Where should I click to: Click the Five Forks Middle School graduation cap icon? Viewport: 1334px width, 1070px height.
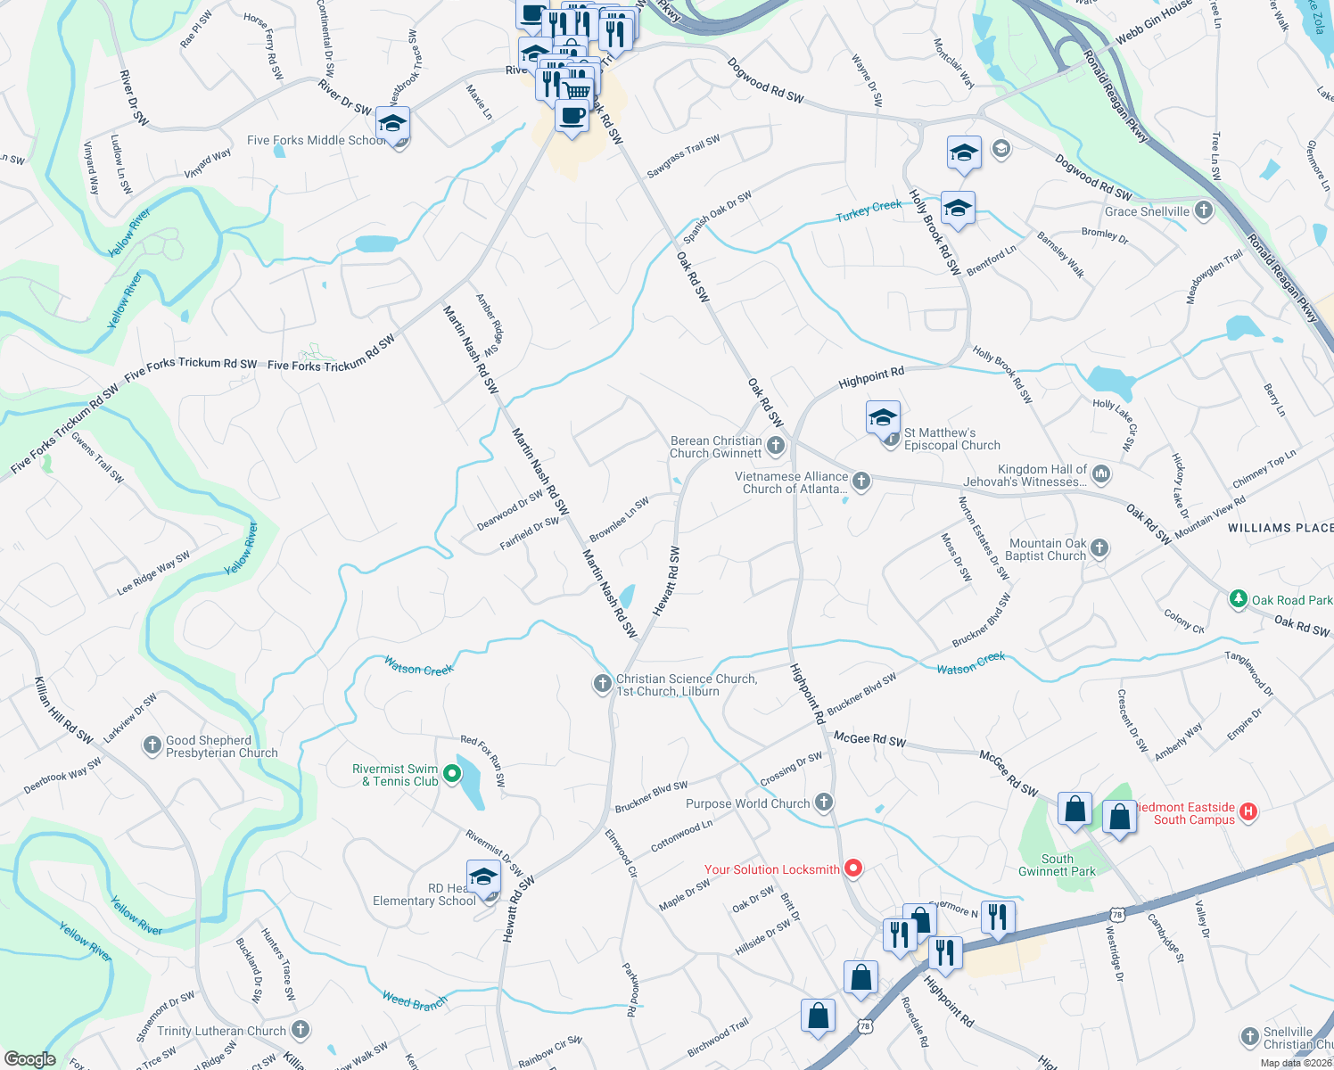point(392,125)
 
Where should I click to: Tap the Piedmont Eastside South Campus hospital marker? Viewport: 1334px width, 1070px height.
point(1248,811)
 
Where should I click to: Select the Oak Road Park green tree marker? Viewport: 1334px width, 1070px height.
point(1238,599)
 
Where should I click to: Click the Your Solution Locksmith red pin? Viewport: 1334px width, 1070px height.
point(853,868)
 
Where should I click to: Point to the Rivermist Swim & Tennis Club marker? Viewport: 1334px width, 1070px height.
point(452,775)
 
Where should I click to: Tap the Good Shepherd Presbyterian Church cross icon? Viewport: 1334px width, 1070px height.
point(152,745)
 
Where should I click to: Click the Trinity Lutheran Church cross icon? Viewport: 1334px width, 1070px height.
point(301,1030)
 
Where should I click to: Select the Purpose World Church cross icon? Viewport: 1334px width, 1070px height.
point(824,802)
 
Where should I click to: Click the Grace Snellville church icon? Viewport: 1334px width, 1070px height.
point(1204,210)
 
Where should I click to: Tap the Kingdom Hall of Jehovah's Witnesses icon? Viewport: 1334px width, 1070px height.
point(1101,473)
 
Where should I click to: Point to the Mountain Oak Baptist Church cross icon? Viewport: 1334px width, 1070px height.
point(1099,548)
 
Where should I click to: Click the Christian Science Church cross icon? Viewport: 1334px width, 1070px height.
point(603,684)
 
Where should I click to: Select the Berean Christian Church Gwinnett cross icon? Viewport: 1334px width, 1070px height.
point(776,445)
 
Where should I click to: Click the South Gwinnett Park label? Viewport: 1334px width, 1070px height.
point(1057,865)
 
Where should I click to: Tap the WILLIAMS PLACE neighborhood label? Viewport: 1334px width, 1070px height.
point(1280,528)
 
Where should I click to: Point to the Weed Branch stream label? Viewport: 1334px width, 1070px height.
point(415,1001)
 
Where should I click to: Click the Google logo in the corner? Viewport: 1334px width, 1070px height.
point(29,1059)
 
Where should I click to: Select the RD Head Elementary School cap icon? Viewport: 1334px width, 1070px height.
point(482,877)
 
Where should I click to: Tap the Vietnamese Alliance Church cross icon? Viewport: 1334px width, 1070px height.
point(861,481)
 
